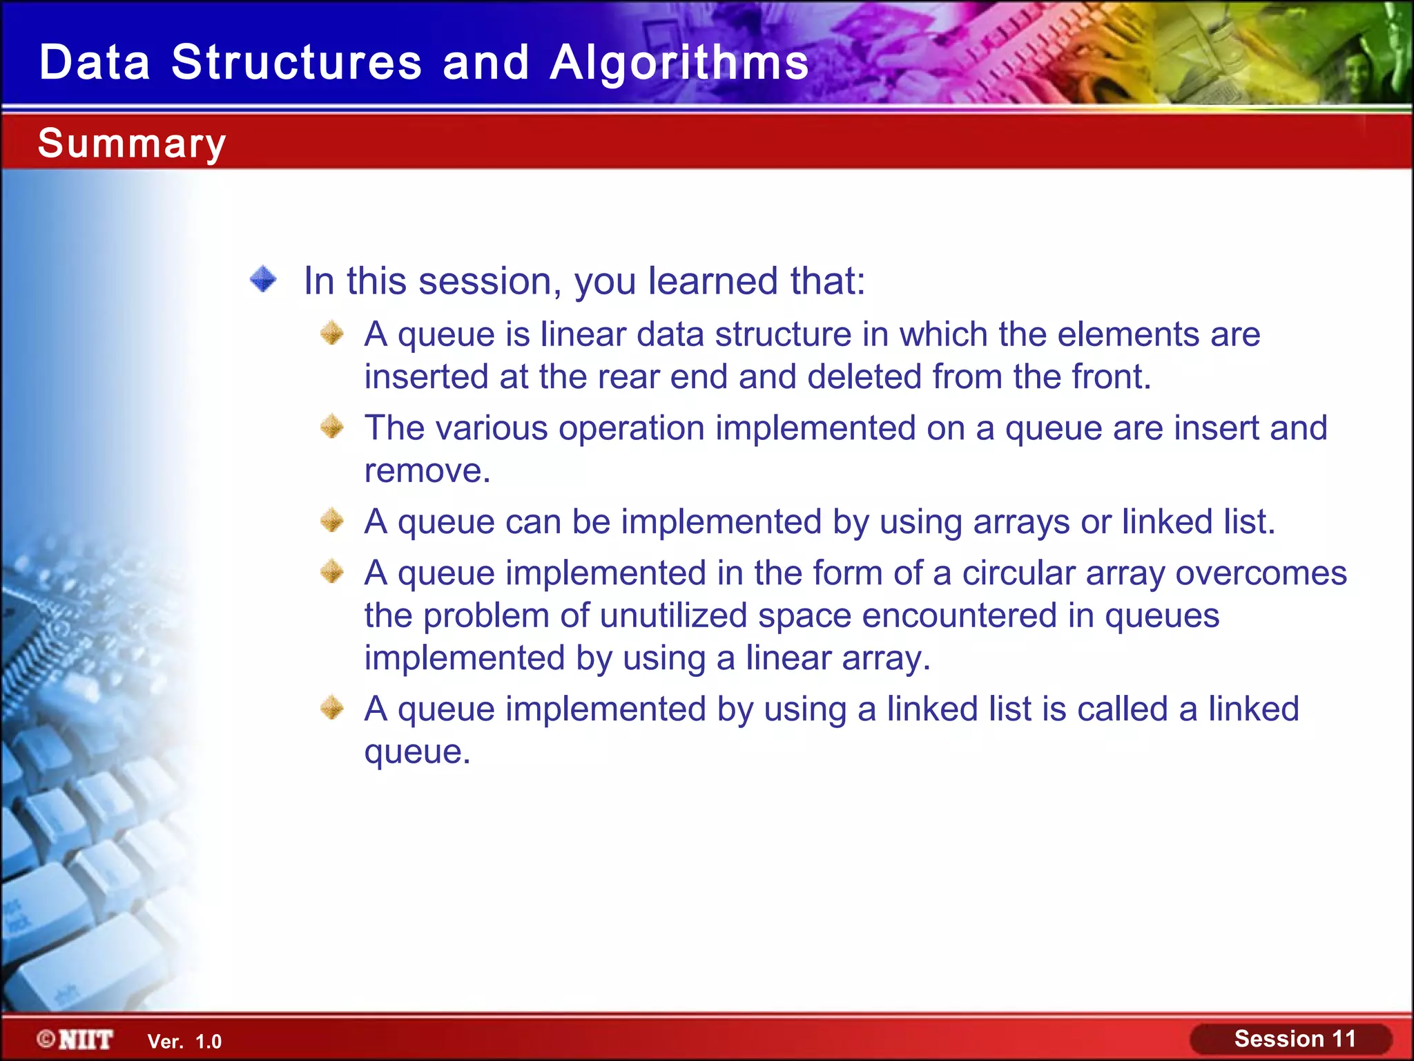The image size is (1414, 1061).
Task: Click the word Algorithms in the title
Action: (x=679, y=63)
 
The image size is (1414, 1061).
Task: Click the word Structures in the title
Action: (x=296, y=63)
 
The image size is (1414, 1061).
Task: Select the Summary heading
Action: (x=132, y=144)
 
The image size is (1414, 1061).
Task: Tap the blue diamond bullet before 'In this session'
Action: (x=263, y=280)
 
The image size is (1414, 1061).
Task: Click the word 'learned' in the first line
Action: (x=713, y=281)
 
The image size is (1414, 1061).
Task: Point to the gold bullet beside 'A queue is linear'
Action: (x=332, y=333)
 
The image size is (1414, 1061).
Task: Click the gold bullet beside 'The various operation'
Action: (x=332, y=427)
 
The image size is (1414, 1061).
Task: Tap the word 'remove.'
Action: (x=427, y=471)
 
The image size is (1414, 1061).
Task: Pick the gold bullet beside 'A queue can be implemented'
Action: (x=332, y=520)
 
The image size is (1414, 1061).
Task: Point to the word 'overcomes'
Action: (x=1261, y=573)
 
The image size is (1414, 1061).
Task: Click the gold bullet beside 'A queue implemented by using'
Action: (x=332, y=708)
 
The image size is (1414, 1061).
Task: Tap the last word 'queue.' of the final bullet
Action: (x=417, y=752)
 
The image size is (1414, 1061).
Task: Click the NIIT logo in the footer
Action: (x=76, y=1040)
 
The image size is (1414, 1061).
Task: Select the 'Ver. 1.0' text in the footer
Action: (x=184, y=1042)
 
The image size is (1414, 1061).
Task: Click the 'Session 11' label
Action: (x=1295, y=1039)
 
